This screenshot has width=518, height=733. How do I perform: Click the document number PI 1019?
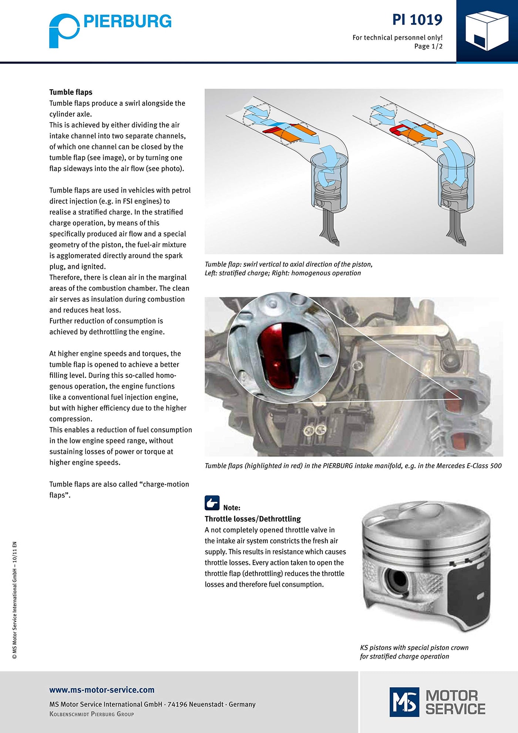(417, 20)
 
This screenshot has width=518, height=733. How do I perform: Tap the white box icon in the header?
(486, 30)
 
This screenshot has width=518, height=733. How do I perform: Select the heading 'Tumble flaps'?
(71, 92)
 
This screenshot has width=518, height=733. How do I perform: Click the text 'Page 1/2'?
(428, 46)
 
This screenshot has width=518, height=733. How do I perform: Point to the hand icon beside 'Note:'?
(212, 503)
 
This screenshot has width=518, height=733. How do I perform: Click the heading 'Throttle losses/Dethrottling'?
(253, 519)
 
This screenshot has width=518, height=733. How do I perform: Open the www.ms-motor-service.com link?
(102, 690)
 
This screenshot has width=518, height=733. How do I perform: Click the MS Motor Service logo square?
(404, 702)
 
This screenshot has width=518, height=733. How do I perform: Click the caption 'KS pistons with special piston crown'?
(414, 647)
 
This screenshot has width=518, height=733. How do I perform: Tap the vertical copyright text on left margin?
(15, 600)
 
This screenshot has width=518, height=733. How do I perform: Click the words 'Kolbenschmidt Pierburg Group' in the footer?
(92, 714)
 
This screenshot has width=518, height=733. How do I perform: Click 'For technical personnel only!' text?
(397, 37)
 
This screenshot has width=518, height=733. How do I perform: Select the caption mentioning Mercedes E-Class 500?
(353, 466)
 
